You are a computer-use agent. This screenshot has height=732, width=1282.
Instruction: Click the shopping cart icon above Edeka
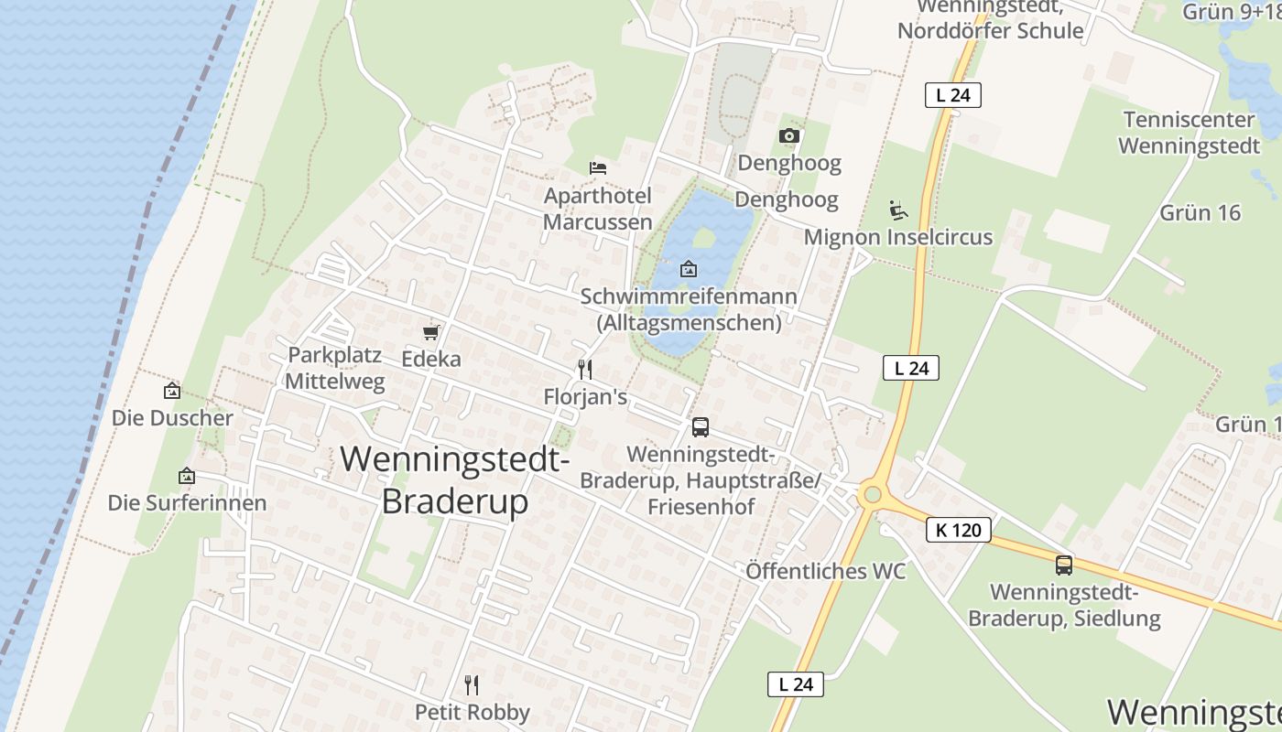point(431,332)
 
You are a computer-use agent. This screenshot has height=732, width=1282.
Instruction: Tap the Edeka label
point(431,359)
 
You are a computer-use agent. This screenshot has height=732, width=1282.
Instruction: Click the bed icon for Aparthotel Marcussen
point(598,167)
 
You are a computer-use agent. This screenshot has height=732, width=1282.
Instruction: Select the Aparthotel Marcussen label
point(598,209)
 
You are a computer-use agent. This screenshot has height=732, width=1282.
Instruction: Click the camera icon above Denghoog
point(788,136)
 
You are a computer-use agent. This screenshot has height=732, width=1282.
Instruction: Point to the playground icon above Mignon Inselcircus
point(898,210)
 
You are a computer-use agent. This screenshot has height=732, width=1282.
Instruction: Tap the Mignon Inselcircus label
point(897,237)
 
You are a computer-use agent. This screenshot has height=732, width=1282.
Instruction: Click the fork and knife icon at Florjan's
point(585,370)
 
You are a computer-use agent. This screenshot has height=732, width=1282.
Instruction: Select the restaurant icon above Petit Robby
point(472,685)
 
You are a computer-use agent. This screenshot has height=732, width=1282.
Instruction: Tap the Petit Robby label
point(473,712)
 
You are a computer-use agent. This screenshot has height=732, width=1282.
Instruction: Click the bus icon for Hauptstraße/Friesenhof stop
point(701,427)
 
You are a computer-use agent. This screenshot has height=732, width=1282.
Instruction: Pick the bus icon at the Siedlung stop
point(1063,565)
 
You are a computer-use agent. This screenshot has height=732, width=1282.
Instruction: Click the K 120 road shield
point(959,530)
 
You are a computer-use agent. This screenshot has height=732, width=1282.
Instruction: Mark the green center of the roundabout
point(872,495)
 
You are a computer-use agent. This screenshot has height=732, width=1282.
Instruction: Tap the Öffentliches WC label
point(825,572)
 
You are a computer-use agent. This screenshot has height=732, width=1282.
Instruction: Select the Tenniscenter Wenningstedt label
point(1189,133)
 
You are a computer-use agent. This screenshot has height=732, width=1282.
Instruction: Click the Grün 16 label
point(1200,213)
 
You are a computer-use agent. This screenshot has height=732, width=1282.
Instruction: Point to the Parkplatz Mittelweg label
point(335,368)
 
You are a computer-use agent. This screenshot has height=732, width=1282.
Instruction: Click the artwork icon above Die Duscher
point(171,392)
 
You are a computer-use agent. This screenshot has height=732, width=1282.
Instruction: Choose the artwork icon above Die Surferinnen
point(187,476)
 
